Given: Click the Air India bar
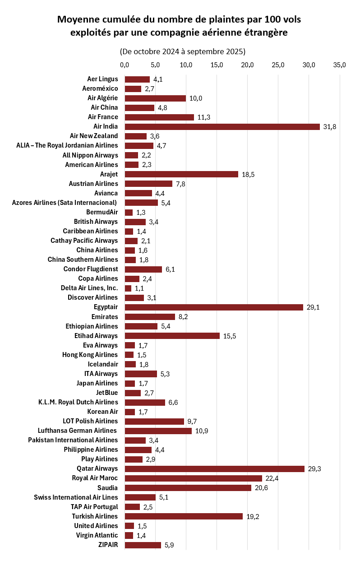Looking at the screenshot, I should pos(222,126).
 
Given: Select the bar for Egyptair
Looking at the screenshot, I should pos(214,307).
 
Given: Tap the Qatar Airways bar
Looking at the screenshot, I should pos(214,468).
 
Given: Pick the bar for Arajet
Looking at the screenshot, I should pos(181,174).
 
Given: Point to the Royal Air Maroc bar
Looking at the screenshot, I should pos(193,478).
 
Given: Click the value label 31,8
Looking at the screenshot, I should pos(330,126).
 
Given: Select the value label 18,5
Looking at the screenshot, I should pos(248,174).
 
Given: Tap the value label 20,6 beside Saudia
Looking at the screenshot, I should pos(261,487).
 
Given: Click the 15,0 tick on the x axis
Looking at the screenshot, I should pos(217,65).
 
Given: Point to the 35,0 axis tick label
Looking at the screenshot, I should pos(339,65).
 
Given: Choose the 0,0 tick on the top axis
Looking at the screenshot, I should pos(125,65).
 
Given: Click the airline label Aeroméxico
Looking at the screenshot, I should pos(100,88).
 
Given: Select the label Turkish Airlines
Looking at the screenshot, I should pos(95,516).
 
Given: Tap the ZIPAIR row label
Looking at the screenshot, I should pos(108,545).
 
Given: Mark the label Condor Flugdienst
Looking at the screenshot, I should pos(91,269).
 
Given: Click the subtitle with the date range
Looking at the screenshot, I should pos(183,51).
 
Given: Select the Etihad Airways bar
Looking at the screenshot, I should pos(172,335).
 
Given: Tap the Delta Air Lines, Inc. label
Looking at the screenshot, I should pos(89,288).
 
